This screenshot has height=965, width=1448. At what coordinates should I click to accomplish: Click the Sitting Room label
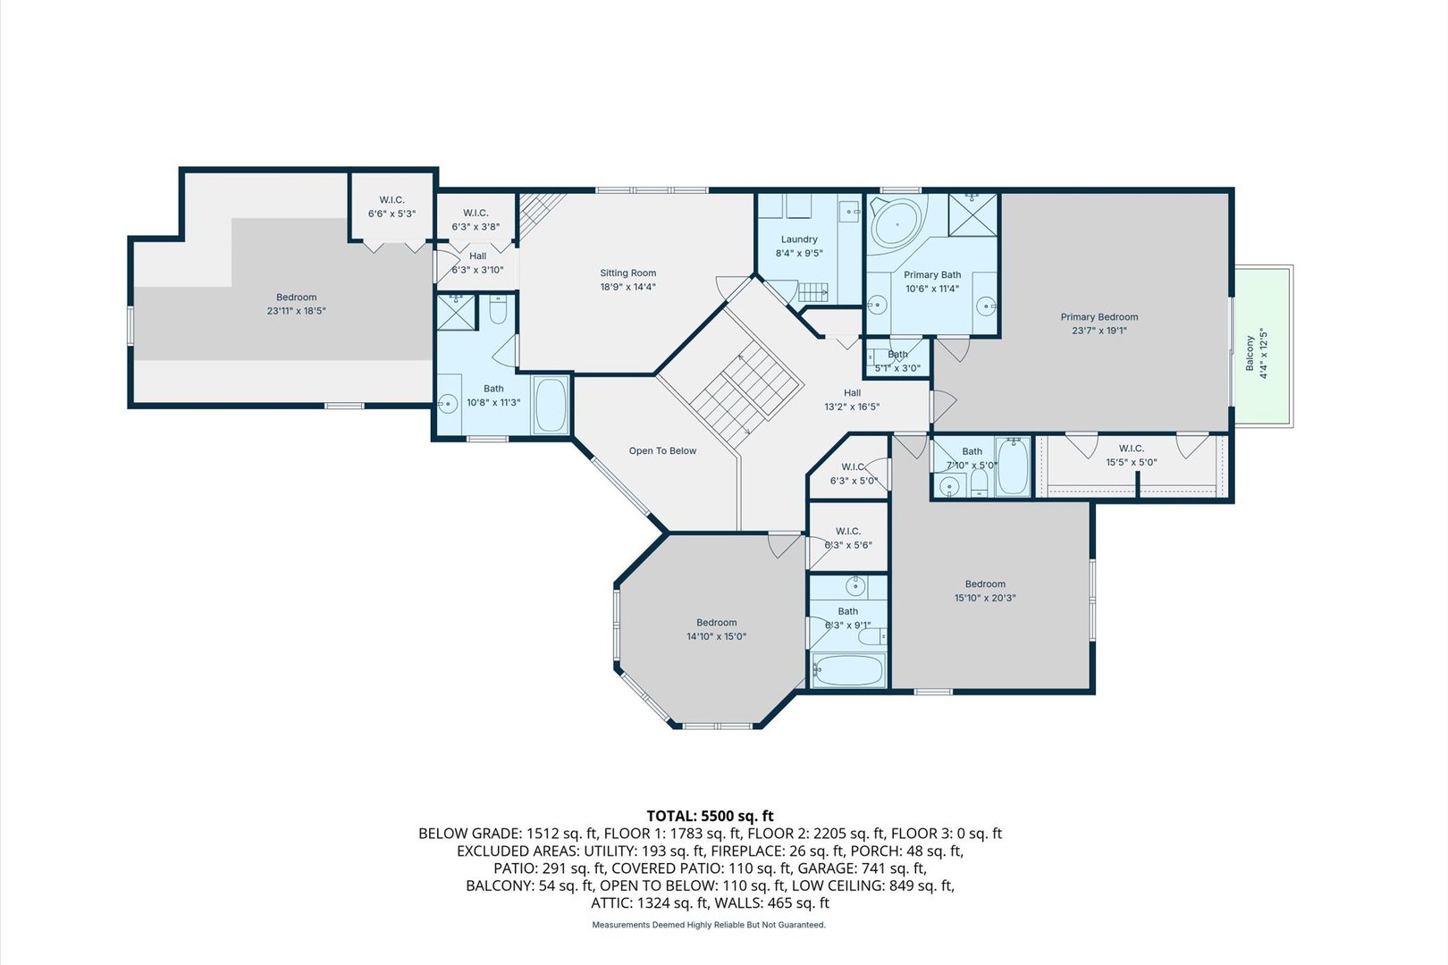[x=627, y=273]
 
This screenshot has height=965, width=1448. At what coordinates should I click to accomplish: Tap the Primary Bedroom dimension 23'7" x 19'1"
[x=1099, y=331]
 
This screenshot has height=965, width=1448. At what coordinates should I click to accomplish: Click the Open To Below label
[x=662, y=451]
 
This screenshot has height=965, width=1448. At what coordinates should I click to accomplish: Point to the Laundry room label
[x=799, y=239]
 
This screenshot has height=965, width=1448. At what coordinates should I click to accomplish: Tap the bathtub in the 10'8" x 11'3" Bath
[x=550, y=405]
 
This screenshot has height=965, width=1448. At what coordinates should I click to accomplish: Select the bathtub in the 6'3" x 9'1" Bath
[x=847, y=669]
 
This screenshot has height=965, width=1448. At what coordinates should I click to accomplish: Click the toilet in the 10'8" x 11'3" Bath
[x=499, y=310]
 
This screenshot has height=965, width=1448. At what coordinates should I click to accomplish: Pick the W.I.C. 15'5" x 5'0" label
[x=1131, y=449]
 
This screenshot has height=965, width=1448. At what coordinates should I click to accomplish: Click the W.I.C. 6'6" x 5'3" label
[x=391, y=200]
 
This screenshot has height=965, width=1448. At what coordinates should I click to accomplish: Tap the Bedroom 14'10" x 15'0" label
[x=716, y=623]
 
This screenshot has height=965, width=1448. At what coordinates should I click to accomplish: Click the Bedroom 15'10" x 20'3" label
[x=985, y=584]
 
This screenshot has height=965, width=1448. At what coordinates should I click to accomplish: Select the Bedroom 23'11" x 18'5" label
[x=296, y=298]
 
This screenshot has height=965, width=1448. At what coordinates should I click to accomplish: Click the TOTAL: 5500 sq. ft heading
[x=710, y=815]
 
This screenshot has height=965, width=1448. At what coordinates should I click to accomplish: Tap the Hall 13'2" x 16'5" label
[x=852, y=393]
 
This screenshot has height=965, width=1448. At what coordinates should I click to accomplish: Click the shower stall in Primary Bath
[x=972, y=214]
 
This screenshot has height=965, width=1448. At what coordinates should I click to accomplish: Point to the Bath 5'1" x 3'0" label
[x=897, y=355]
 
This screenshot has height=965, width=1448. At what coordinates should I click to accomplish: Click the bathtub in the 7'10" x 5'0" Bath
[x=1013, y=466]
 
